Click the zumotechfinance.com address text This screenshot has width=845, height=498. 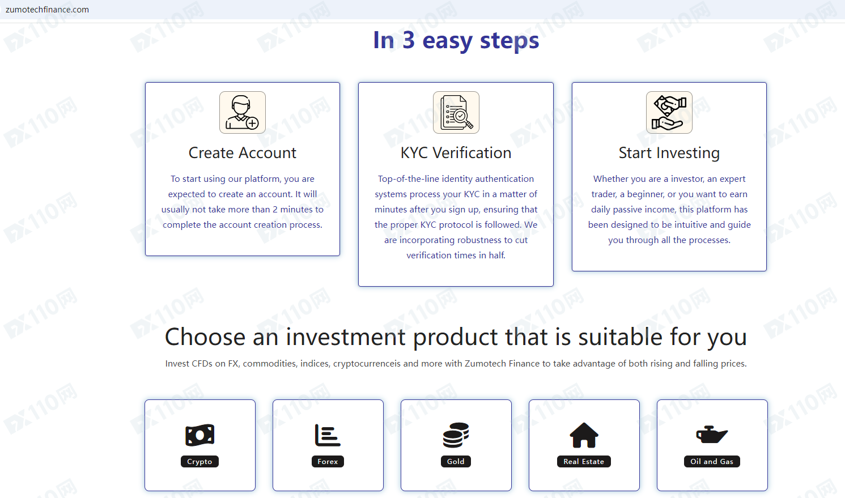(x=47, y=10)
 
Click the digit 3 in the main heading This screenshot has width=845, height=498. (x=409, y=40)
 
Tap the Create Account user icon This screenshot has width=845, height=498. (x=243, y=112)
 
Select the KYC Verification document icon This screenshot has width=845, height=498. (x=456, y=112)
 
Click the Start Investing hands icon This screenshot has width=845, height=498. (x=669, y=112)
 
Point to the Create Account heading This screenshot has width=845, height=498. (x=242, y=152)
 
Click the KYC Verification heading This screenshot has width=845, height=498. (x=456, y=152)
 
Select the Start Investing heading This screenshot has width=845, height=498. (x=669, y=153)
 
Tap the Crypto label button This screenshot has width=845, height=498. (x=199, y=461)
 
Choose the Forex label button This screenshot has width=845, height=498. (x=328, y=461)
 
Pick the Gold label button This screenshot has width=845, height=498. (x=456, y=461)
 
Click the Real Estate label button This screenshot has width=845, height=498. (x=584, y=461)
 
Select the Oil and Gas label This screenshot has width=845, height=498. (x=712, y=461)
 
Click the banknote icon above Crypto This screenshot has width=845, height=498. (x=200, y=435)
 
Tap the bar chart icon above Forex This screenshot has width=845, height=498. (x=328, y=435)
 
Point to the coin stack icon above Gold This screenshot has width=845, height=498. (x=456, y=435)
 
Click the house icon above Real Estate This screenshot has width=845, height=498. (x=584, y=435)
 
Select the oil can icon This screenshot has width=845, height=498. (x=711, y=435)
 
